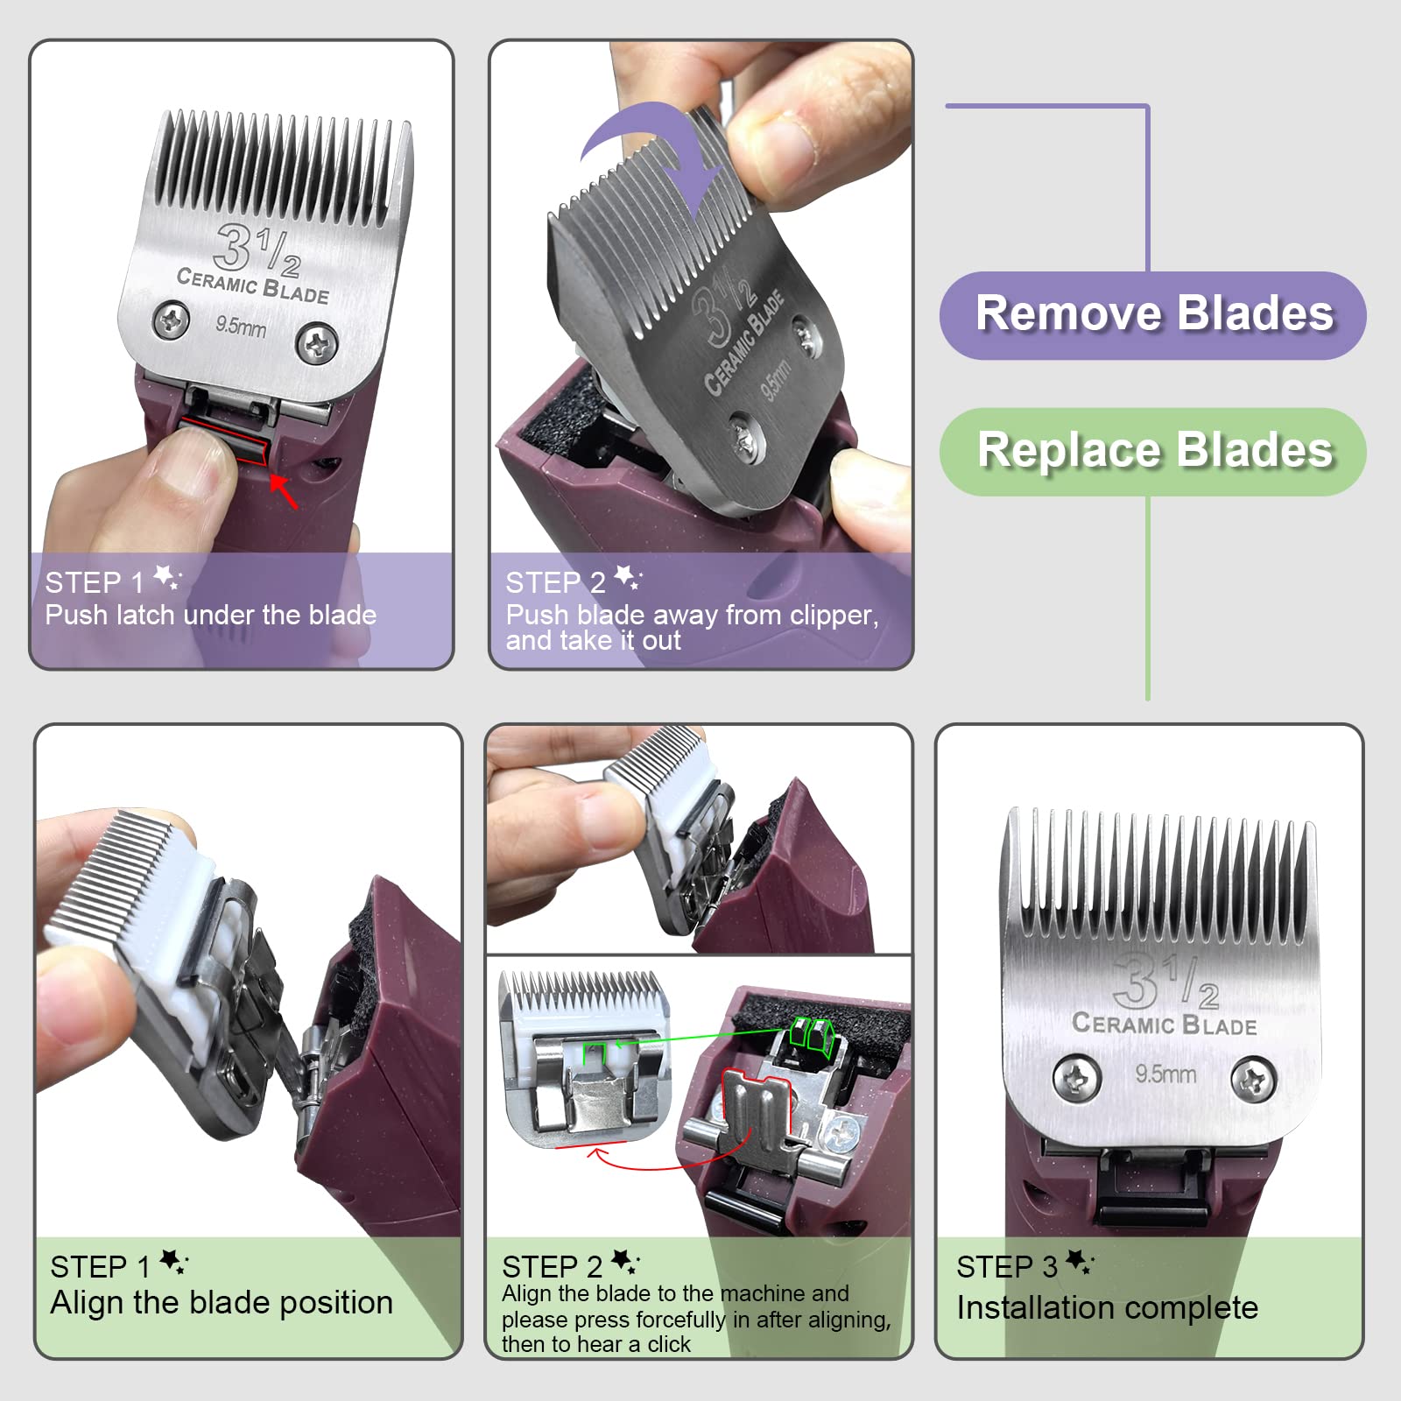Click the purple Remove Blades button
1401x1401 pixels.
1152,315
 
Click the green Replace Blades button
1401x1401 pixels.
1152,452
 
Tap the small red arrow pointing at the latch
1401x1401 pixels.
284,491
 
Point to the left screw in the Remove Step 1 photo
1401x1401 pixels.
172,320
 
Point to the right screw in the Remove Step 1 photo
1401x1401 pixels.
317,343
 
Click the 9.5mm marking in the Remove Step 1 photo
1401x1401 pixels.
241,327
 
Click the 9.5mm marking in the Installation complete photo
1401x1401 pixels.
1165,1074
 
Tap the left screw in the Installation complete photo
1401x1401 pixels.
1076,1078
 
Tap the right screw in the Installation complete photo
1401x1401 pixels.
1253,1080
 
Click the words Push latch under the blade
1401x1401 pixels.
210,616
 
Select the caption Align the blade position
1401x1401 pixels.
222,1303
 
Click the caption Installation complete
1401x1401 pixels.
1107,1308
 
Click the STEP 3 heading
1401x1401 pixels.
1007,1267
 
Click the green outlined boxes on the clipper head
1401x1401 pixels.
810,1033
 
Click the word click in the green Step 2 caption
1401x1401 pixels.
669,1345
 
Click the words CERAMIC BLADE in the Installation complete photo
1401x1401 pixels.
1164,1024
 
